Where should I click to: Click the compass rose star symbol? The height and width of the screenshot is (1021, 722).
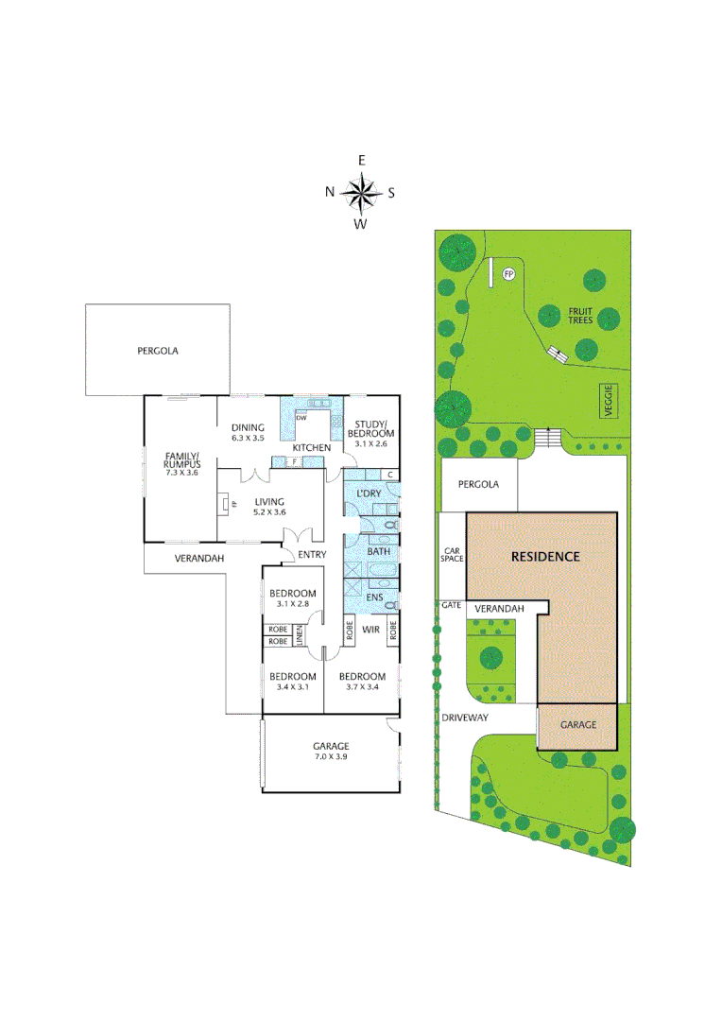point(360,193)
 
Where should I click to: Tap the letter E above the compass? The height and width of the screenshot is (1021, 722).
point(360,162)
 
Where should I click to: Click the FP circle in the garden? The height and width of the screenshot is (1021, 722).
point(508,274)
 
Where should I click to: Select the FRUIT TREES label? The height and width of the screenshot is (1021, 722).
point(579,315)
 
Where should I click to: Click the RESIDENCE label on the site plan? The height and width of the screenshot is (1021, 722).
point(545,556)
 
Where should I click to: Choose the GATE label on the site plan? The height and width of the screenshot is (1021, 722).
point(450,604)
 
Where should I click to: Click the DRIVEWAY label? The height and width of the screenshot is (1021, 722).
point(464,718)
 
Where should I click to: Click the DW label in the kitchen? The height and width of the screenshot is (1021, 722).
point(301,417)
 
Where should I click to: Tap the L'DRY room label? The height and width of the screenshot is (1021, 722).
point(368,494)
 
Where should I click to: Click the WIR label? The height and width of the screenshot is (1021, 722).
point(371,628)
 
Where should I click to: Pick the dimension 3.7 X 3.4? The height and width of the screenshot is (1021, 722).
point(362,687)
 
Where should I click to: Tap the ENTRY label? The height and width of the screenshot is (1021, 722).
point(311,555)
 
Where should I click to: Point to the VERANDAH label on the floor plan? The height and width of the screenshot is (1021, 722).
point(198,559)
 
